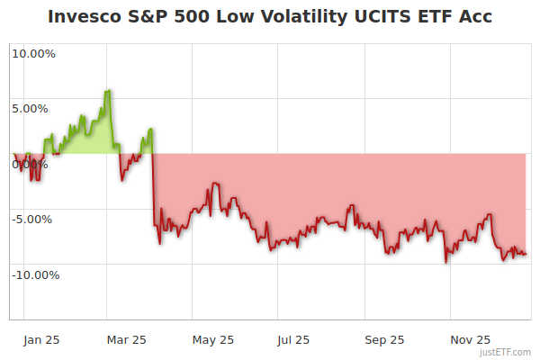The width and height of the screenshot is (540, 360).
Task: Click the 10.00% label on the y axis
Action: (x=33, y=53)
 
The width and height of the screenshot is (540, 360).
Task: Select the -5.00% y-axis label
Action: (x=33, y=219)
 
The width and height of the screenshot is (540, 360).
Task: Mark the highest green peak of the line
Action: (x=109, y=90)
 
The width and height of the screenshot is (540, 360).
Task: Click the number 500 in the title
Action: (x=202, y=17)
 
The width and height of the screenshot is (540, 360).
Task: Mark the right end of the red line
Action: (x=526, y=254)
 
